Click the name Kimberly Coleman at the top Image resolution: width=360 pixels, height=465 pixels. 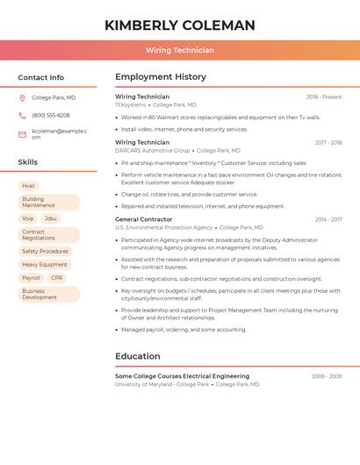(179, 25)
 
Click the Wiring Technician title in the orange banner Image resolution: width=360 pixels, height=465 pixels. (179, 50)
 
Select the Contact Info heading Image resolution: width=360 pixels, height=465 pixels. (40, 77)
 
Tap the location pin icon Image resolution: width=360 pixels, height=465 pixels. (22, 97)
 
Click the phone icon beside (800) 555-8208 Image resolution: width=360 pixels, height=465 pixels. (22, 116)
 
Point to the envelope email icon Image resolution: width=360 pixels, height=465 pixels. (22, 134)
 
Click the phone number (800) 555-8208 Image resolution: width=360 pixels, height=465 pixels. (51, 116)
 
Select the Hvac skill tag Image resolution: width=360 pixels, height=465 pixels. (29, 186)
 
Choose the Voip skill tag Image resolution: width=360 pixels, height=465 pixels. (28, 218)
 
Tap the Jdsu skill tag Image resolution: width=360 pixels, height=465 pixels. (51, 218)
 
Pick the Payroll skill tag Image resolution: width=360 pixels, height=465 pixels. (31, 277)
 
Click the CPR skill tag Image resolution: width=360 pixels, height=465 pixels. (57, 277)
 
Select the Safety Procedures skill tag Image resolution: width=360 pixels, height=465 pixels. (45, 251)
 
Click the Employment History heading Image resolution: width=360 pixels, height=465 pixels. (161, 77)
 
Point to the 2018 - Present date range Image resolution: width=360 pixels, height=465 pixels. (324, 97)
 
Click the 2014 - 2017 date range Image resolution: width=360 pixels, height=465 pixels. (328, 219)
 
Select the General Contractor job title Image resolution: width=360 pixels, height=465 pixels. (144, 219)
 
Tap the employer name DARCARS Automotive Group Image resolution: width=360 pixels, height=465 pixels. (152, 150)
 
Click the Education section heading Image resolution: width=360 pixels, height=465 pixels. (138, 356)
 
